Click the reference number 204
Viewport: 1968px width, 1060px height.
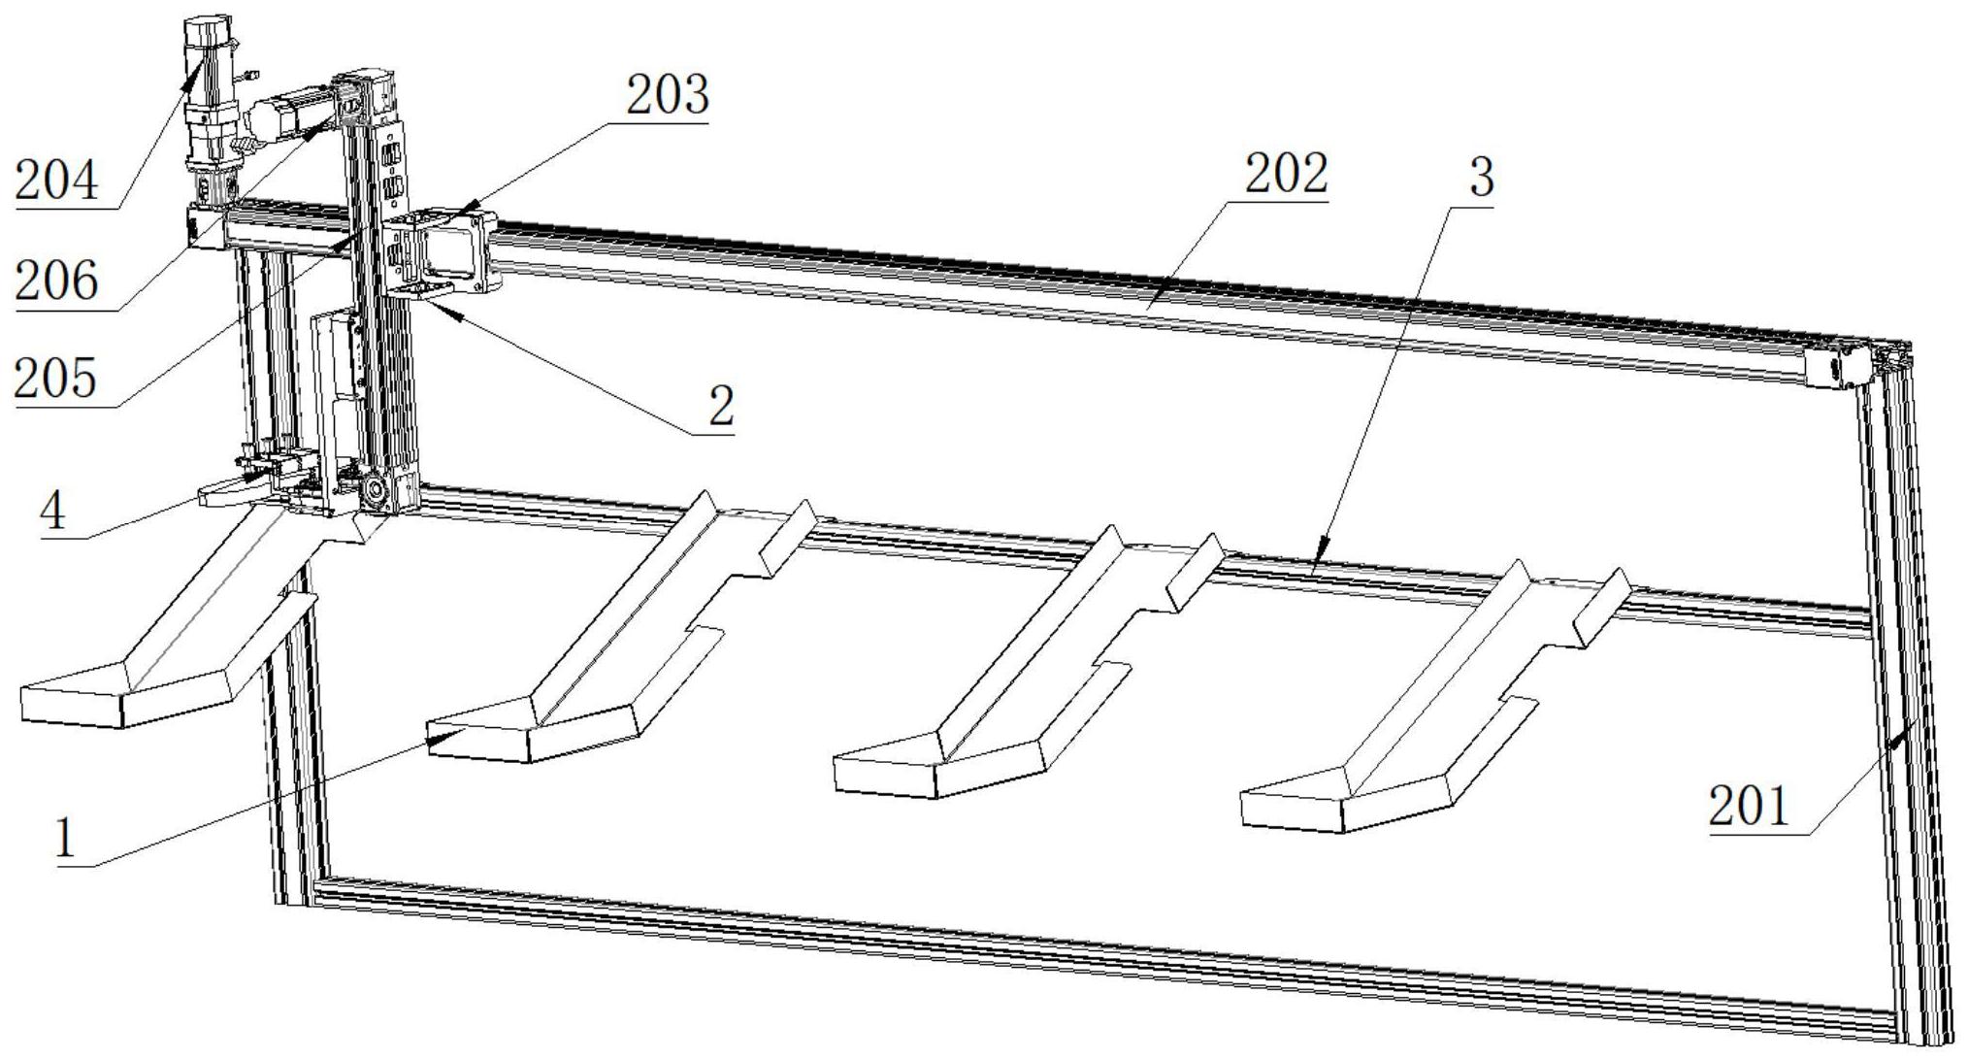coord(56,181)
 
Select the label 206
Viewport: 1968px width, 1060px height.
coord(56,282)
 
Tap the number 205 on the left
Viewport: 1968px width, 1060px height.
coord(56,379)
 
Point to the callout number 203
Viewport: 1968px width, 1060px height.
coord(668,96)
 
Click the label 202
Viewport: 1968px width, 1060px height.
coord(1286,176)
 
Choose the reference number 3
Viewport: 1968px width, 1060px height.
coord(1481,178)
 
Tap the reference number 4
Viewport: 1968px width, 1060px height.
coord(53,510)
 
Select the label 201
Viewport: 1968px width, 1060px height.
coord(1750,807)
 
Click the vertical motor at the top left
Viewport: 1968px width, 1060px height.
coord(210,97)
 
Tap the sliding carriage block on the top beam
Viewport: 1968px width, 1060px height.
coord(443,250)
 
